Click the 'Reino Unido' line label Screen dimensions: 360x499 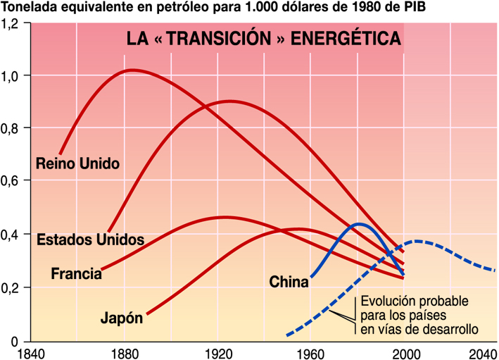point(77,163)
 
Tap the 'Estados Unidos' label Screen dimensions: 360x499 point(90,240)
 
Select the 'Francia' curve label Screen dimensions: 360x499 point(76,273)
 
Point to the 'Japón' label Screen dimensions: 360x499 point(121,318)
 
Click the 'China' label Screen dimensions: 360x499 point(289,283)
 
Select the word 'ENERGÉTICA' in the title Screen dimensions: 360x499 point(346,39)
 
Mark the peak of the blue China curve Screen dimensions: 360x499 point(359,224)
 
